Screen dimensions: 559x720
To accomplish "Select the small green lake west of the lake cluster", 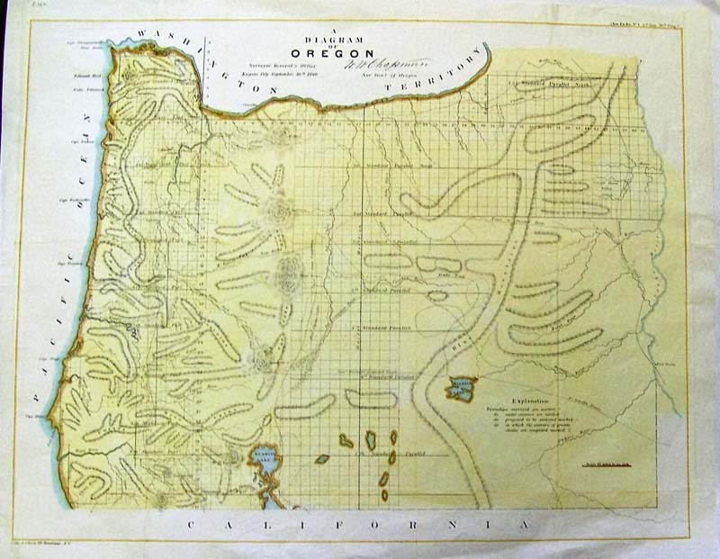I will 321,458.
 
